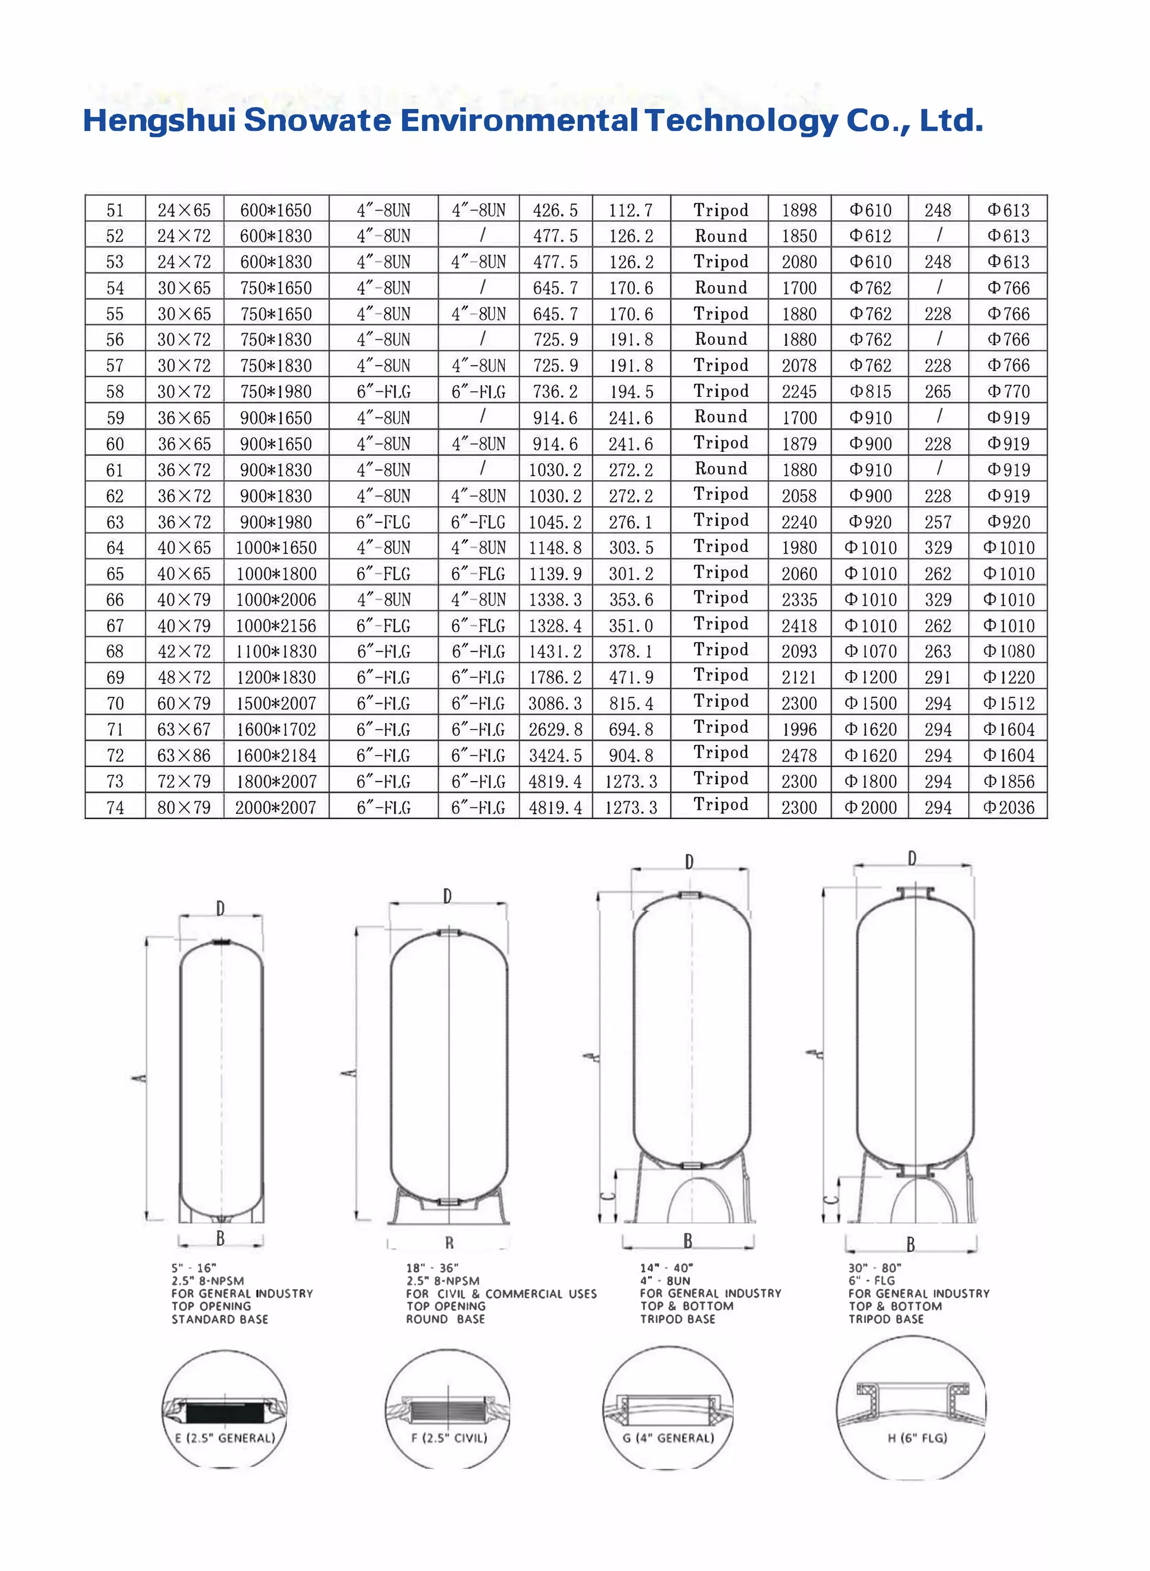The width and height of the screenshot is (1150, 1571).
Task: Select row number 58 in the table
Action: pyautogui.click(x=115, y=391)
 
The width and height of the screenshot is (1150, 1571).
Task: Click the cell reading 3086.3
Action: pyautogui.click(x=555, y=703)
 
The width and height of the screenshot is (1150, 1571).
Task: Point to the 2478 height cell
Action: pyautogui.click(x=798, y=755)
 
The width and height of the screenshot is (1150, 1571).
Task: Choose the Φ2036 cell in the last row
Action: pyautogui.click(x=1008, y=807)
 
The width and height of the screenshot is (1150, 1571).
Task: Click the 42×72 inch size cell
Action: pyautogui.click(x=184, y=651)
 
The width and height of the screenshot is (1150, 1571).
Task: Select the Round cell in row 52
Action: pyautogui.click(x=720, y=236)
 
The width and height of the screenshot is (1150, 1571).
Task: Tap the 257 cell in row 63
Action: pyautogui.click(x=938, y=522)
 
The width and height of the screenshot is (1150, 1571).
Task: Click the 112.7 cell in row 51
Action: pyautogui.click(x=631, y=210)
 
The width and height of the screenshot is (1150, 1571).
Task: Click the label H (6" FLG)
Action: pyautogui.click(x=917, y=1438)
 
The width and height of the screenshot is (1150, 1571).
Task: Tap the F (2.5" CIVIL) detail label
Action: pyautogui.click(x=449, y=1438)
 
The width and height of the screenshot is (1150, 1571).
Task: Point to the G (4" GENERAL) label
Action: pyautogui.click(x=668, y=1438)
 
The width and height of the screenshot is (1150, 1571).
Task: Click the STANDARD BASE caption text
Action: pyautogui.click(x=220, y=1319)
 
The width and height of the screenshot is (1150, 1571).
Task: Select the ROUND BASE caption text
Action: pyautogui.click(x=445, y=1319)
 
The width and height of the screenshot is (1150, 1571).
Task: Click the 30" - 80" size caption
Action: pyautogui.click(x=874, y=1268)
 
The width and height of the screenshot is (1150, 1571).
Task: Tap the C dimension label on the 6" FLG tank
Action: pyautogui.click(x=830, y=1199)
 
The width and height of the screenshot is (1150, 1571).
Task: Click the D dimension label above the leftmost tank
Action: pyautogui.click(x=220, y=908)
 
